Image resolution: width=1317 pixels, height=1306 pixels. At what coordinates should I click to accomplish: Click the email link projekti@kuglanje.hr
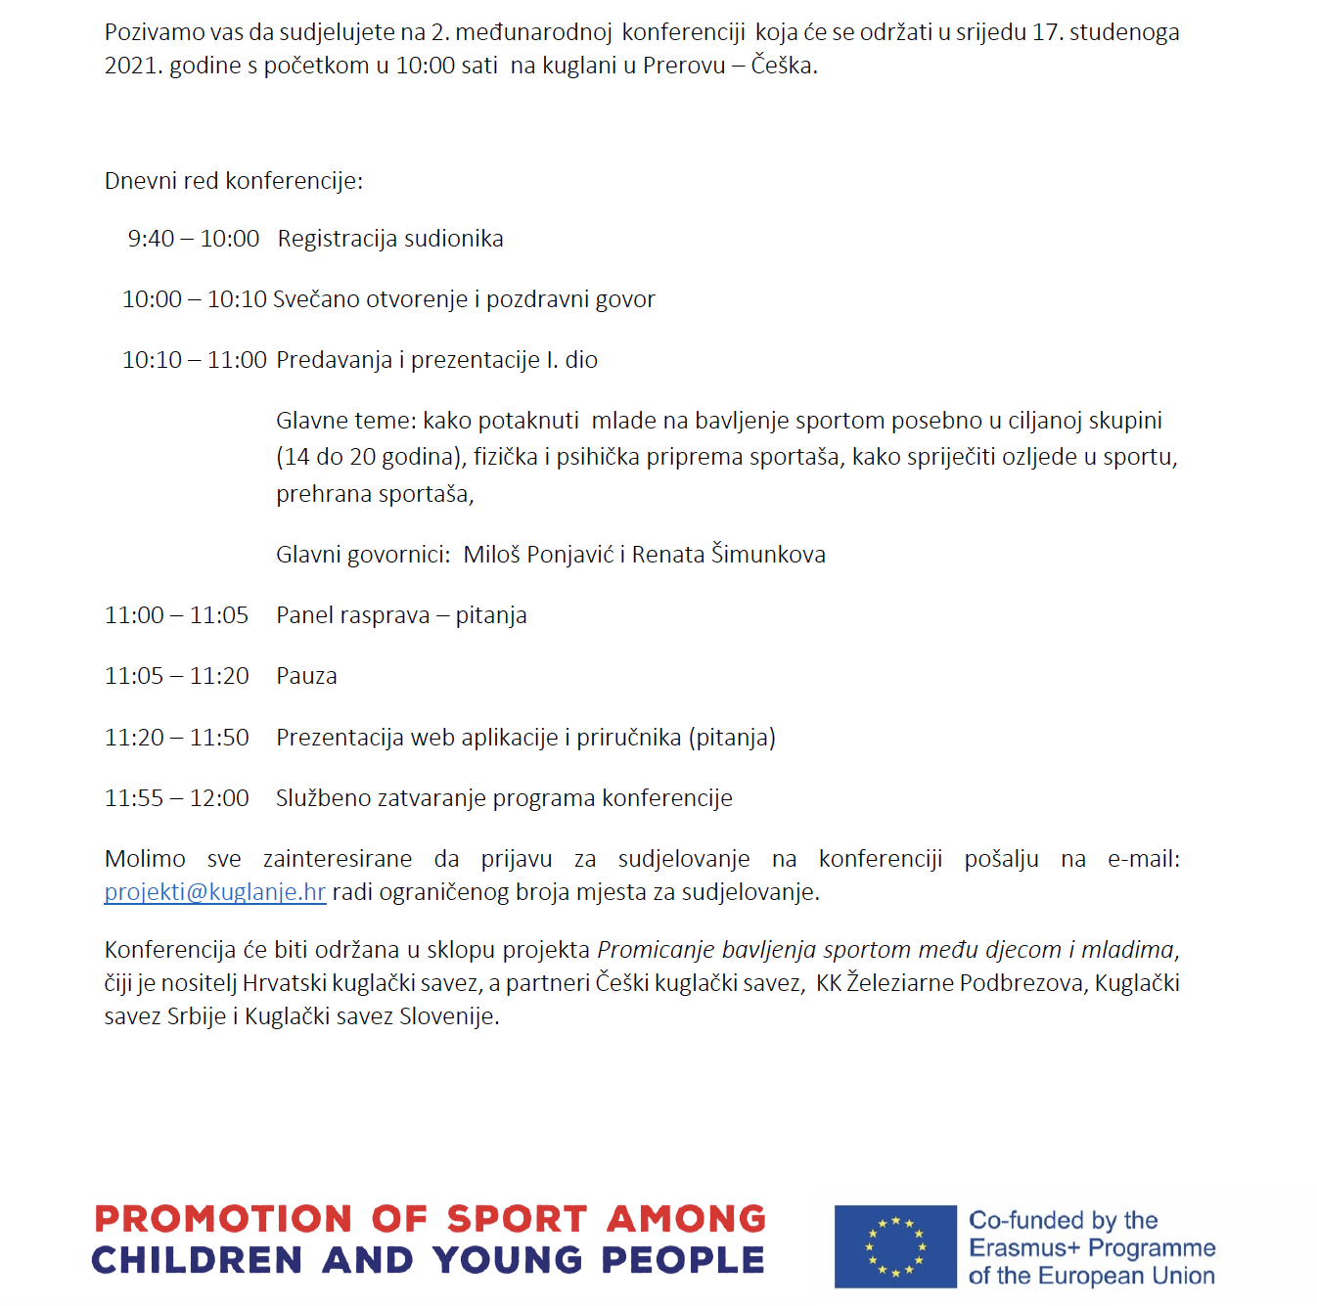point(214,892)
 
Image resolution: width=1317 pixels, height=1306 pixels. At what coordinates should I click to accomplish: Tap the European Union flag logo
point(894,1246)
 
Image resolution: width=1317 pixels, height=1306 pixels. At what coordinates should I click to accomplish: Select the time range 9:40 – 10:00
point(194,239)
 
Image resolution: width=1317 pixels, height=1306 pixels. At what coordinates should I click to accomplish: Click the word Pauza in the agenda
point(306,676)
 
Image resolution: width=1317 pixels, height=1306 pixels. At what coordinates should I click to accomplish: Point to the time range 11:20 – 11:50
point(177,738)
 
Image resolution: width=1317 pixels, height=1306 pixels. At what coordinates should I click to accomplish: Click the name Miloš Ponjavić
point(538,555)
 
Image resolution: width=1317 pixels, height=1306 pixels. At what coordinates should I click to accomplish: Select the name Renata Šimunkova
point(728,555)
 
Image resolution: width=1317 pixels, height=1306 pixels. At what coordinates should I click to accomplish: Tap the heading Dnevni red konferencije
point(233,181)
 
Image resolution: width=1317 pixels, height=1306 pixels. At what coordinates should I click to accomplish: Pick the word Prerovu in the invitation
point(684,66)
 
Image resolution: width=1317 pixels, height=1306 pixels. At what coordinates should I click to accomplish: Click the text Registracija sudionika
point(390,239)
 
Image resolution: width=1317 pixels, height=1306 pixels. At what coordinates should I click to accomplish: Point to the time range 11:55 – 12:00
point(177,798)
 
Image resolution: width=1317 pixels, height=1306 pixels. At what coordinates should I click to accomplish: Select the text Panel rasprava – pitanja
point(401,615)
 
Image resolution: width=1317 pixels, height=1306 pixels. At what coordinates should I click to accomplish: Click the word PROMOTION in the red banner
point(223,1219)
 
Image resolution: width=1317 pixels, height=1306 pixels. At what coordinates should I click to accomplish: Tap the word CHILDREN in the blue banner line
point(197,1260)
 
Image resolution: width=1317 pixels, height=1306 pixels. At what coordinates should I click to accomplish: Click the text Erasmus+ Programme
point(1092,1248)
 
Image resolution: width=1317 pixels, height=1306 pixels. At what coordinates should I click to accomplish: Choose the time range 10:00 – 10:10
point(194,299)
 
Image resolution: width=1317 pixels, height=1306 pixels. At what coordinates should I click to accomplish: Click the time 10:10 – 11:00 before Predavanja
point(194,360)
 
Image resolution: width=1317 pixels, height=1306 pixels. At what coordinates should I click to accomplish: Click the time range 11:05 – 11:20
point(177,676)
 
